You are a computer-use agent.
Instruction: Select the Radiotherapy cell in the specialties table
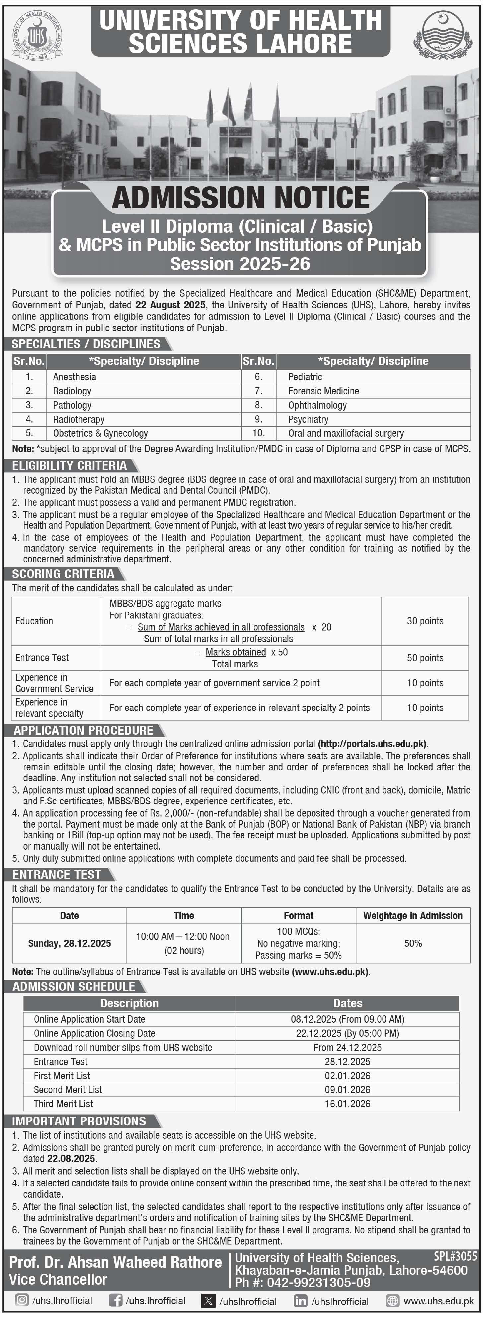coord(79,419)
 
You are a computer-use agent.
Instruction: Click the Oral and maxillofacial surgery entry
coord(346,434)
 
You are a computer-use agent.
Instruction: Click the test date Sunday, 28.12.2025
coord(70,943)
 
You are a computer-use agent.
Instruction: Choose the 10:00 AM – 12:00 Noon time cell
coord(183,937)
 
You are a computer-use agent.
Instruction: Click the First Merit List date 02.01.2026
coord(348,1076)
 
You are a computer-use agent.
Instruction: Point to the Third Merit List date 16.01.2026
coord(348,1104)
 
